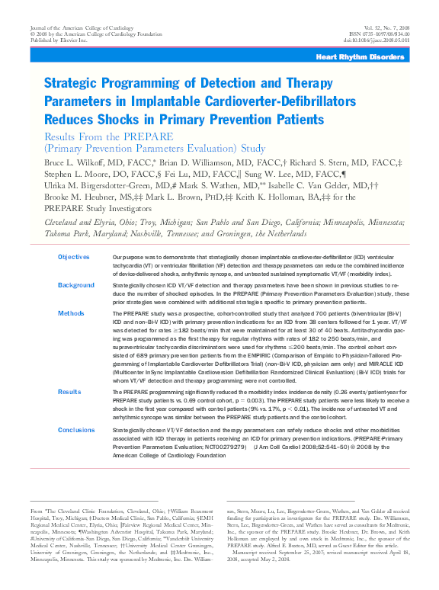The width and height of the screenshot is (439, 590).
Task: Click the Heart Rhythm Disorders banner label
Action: (x=377, y=57)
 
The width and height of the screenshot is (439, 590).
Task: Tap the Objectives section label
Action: (x=74, y=258)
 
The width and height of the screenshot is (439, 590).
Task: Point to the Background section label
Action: (x=76, y=285)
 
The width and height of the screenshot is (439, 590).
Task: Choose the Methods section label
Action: (x=71, y=313)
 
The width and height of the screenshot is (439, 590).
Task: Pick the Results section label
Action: (x=70, y=391)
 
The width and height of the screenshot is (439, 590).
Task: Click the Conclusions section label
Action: (x=78, y=430)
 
